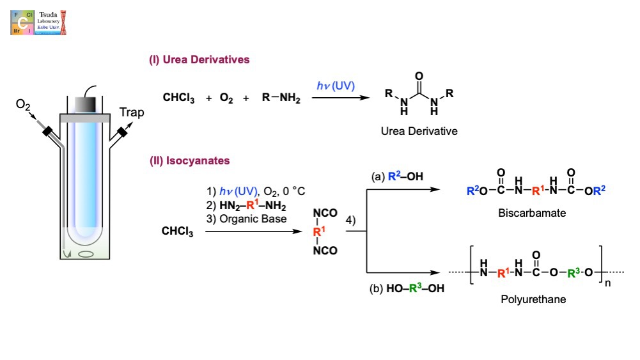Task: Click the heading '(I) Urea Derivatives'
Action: (199, 60)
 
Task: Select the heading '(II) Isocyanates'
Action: (190, 160)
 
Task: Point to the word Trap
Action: (132, 113)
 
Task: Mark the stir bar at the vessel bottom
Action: (86, 253)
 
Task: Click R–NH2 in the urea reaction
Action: (281, 98)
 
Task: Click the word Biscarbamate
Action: (532, 213)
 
